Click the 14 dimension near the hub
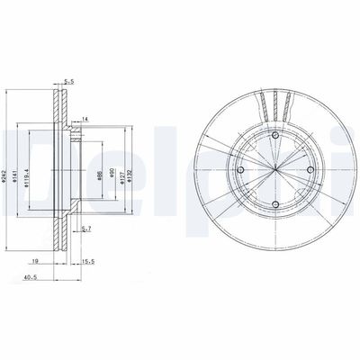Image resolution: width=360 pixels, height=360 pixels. pos(85,119)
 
